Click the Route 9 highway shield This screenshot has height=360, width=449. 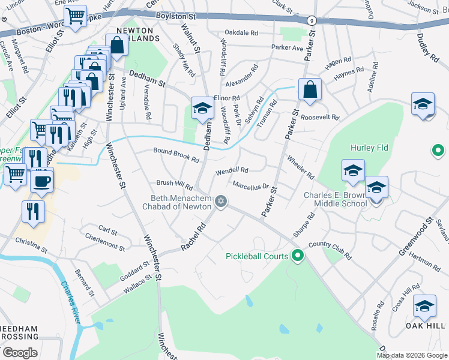(311, 20)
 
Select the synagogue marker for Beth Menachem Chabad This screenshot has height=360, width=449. (221, 202)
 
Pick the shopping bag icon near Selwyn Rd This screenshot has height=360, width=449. (310, 89)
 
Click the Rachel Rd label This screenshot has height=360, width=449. (194, 238)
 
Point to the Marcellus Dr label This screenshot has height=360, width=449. (250, 185)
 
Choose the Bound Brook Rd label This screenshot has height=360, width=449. (176, 155)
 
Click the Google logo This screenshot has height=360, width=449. (19, 352)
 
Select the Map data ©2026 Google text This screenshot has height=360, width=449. (411, 355)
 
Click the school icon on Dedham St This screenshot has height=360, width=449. (203, 109)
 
